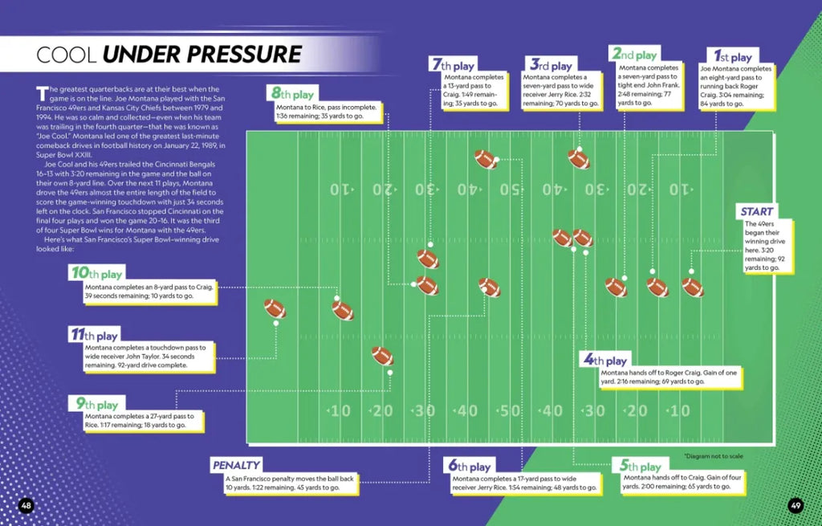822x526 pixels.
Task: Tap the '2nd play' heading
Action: pos(634,55)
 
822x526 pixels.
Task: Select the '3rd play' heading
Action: pos(550,65)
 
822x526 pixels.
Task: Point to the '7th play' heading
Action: pos(453,65)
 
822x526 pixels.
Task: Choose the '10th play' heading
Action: pos(96,274)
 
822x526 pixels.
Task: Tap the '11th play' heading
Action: pos(95,335)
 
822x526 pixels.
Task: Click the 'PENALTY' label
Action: pos(236,465)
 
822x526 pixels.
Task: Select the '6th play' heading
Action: pos(469,466)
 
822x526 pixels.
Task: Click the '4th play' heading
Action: pos(605,361)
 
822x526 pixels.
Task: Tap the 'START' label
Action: pos(757,211)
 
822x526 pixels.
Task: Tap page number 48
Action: pos(26,505)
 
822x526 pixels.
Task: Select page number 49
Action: pos(795,505)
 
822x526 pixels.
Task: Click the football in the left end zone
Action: pos(275,308)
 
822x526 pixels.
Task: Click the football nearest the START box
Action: pos(692,287)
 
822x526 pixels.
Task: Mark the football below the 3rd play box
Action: pos(579,158)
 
